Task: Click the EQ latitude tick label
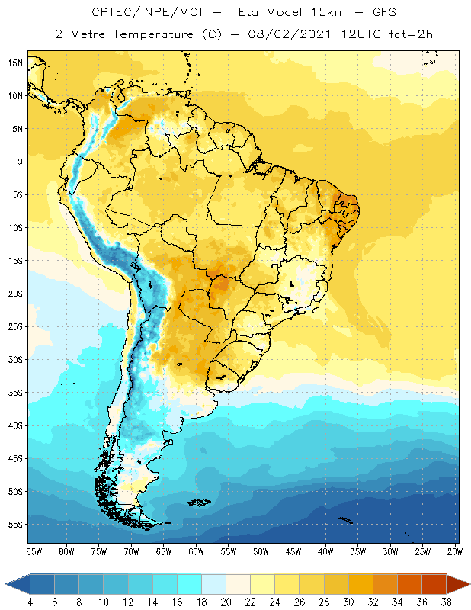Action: (x=17, y=162)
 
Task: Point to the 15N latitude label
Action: (x=15, y=63)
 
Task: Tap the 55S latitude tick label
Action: (x=15, y=525)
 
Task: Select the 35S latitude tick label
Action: (x=15, y=393)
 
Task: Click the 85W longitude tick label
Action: (x=34, y=551)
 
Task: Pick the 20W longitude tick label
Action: (x=453, y=551)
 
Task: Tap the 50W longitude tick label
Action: (x=261, y=551)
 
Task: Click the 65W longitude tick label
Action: (x=163, y=551)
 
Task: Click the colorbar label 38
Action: (x=446, y=602)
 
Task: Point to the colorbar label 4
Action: (x=30, y=602)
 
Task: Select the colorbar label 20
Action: (x=226, y=602)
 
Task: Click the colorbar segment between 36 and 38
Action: (x=434, y=584)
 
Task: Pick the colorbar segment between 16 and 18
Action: (x=189, y=584)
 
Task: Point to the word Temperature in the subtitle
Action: (x=141, y=35)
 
